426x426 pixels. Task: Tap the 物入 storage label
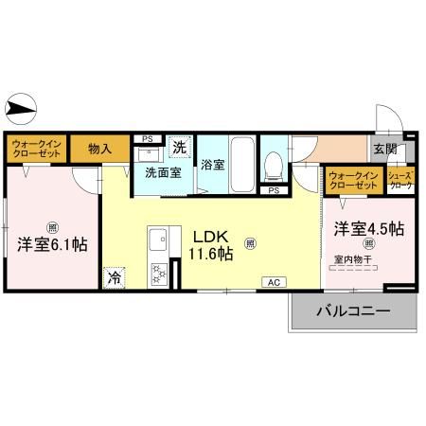pos(99,148)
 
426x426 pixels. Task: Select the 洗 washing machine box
pos(180,147)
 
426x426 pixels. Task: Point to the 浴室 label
pos(212,164)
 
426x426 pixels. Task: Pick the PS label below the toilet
pos(274,191)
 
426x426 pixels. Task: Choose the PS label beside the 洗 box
pos(147,138)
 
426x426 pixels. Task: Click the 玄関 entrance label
pos(384,149)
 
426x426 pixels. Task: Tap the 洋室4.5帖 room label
pos(369,229)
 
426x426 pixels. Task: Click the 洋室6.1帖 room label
pos(52,243)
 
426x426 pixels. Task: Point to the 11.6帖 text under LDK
pos(212,253)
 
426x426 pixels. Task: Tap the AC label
pos(273,281)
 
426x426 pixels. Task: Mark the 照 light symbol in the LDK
pos(250,243)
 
